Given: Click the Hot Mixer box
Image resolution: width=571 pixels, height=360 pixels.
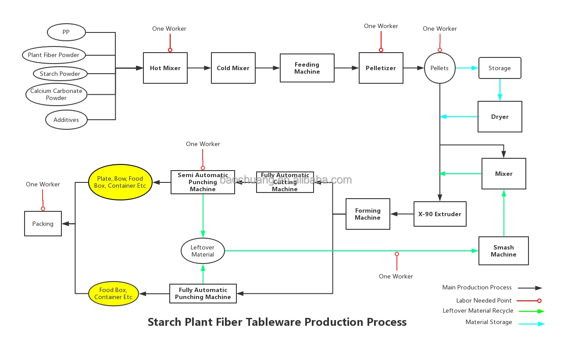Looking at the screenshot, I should [x=165, y=68].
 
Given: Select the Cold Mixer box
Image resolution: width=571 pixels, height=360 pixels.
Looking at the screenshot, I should [x=233, y=68].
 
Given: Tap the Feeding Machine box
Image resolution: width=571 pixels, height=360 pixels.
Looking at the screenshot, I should [x=307, y=68].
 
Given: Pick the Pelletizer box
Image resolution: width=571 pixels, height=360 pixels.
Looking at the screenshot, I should [x=381, y=68].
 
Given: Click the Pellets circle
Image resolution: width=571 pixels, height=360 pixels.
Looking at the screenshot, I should [x=439, y=68].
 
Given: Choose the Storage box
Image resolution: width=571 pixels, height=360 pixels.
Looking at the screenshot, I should [x=500, y=68].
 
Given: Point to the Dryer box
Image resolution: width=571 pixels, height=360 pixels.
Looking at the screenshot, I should [x=500, y=117].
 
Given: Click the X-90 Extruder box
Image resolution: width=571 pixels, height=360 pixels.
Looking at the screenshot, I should [x=439, y=214].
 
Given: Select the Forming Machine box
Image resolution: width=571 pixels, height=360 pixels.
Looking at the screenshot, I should [x=368, y=214].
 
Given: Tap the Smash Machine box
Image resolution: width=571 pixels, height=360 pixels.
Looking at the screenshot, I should [x=503, y=251].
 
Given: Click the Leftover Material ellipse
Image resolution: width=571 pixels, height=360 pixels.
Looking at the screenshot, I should [x=203, y=251].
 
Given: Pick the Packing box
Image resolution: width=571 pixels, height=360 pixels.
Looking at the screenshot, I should [x=43, y=224].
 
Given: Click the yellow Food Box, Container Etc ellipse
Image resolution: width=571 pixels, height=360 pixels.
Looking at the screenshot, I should [x=113, y=293].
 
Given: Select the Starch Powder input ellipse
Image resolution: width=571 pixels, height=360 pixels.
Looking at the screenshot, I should [x=60, y=74].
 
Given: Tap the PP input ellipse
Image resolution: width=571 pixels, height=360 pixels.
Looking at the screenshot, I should [x=66, y=32].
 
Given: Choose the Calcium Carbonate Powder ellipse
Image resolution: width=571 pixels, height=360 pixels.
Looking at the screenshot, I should [x=56, y=94].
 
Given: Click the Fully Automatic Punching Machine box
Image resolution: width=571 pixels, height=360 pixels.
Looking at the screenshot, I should [x=203, y=293].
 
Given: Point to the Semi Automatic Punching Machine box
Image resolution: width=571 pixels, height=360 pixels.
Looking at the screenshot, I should [x=203, y=182].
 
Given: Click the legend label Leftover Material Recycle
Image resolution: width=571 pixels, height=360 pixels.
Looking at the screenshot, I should [x=478, y=310].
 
